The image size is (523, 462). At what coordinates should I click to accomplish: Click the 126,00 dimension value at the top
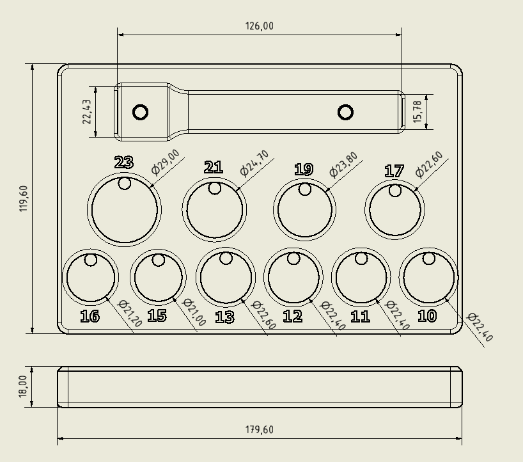pyautogui.click(x=259, y=26)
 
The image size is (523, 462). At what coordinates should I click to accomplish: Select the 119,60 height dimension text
pyautogui.click(x=24, y=198)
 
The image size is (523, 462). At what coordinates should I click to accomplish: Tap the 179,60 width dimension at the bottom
pyautogui.click(x=259, y=429)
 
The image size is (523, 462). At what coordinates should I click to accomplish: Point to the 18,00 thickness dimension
pyautogui.click(x=24, y=386)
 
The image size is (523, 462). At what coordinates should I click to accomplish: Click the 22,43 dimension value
pyautogui.click(x=87, y=112)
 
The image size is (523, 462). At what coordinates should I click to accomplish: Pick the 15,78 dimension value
pyautogui.click(x=418, y=112)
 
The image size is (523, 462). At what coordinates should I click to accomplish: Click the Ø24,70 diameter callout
pyautogui.click(x=254, y=163)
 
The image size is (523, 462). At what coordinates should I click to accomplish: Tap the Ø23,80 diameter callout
pyautogui.click(x=343, y=164)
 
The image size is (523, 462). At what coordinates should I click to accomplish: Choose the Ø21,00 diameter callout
pyautogui.click(x=194, y=314)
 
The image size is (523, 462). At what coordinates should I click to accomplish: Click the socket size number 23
pyautogui.click(x=123, y=163)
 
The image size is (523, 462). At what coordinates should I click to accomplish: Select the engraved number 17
pyautogui.click(x=394, y=171)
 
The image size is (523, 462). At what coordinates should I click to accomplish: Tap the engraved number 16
pyautogui.click(x=90, y=316)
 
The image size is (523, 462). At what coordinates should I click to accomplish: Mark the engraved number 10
pyautogui.click(x=426, y=316)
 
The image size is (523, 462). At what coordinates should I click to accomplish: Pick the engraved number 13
pyautogui.click(x=224, y=317)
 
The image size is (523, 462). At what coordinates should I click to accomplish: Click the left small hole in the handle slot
pyautogui.click(x=141, y=113)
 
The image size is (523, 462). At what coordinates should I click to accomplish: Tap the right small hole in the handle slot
pyautogui.click(x=346, y=113)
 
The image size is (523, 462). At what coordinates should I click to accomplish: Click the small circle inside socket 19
pyautogui.click(x=305, y=189)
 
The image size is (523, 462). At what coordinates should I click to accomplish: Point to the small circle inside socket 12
pyautogui.click(x=293, y=259)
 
